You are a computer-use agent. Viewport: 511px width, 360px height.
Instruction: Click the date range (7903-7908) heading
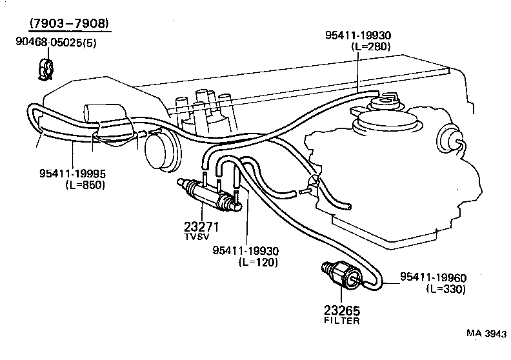tap(69, 25)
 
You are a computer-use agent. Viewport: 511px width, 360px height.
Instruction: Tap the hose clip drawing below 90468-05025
tap(45, 68)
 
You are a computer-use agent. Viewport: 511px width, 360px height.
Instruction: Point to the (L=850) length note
tap(85, 185)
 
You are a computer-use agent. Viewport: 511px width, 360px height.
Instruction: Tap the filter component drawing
tap(343, 273)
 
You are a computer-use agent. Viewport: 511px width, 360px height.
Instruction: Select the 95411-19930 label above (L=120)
tap(248, 251)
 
